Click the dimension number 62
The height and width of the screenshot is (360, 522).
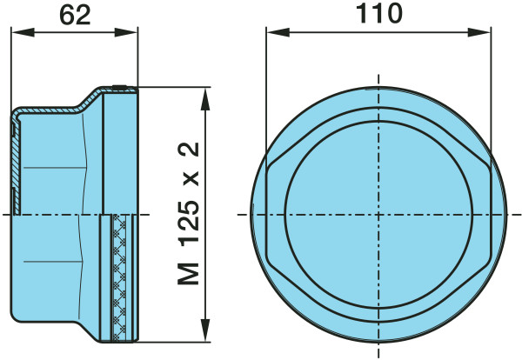(x=75, y=16)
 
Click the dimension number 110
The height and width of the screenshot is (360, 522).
(x=378, y=14)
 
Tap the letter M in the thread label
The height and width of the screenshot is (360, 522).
(x=189, y=274)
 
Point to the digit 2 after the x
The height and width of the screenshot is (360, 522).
(x=189, y=150)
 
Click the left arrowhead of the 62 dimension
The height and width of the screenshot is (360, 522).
(x=23, y=32)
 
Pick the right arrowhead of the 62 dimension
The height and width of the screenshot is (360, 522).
(x=126, y=32)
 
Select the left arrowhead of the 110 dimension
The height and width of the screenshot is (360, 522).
(x=278, y=32)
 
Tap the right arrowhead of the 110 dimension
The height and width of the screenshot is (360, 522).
(x=478, y=32)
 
